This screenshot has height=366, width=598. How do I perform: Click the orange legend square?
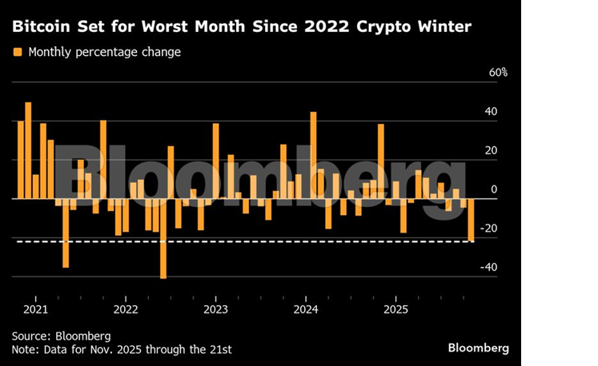17,53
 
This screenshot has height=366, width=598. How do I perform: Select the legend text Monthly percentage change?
104,53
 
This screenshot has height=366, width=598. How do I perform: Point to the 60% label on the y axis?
499,73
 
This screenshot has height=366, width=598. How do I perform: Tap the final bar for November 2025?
471,220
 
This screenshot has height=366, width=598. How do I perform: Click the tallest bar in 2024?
313,155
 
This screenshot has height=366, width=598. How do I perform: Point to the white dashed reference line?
240,241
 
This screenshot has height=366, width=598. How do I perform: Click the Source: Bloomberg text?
61,336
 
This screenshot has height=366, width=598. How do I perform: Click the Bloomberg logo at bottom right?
478,348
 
